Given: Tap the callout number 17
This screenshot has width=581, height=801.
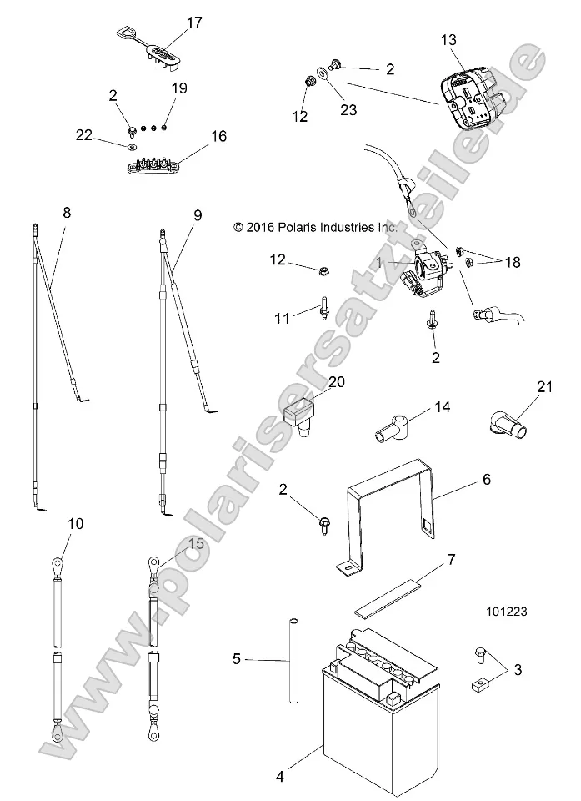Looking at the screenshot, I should click(x=193, y=23).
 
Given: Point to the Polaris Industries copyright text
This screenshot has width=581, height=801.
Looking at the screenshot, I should click(x=317, y=226).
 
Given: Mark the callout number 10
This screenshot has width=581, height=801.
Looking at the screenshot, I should click(x=76, y=524).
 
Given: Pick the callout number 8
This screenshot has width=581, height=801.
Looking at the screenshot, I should click(x=68, y=213).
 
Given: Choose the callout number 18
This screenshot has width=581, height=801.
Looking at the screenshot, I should click(x=511, y=261).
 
